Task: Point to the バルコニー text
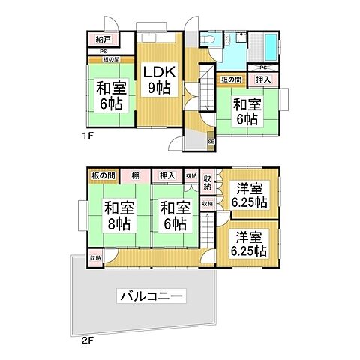point(150,297)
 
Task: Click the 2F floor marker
point(87,338)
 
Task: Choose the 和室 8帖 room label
point(118,215)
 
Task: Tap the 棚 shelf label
point(135,176)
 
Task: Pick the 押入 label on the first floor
point(264,79)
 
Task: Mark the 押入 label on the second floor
point(166,176)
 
